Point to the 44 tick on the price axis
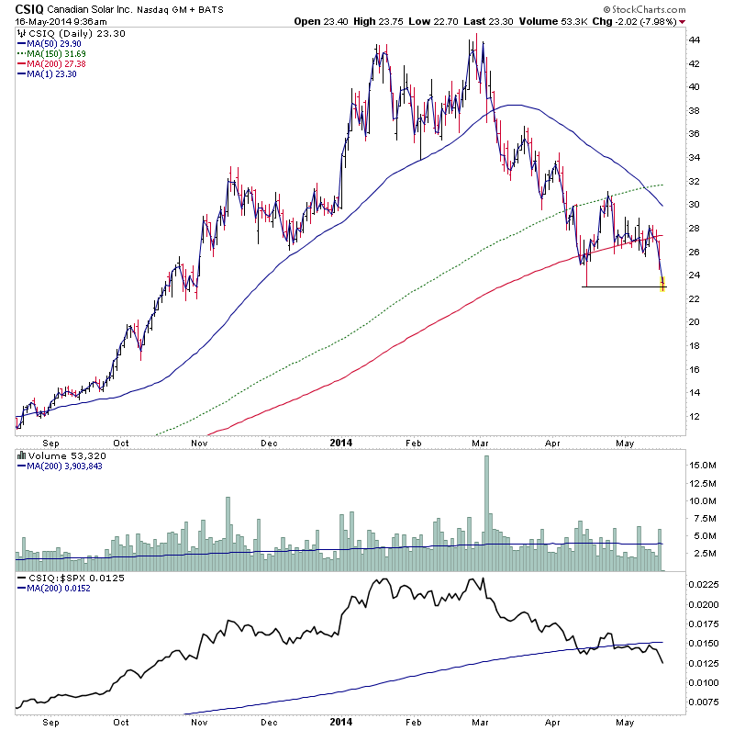pyautogui.click(x=695, y=40)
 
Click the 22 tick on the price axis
pyautogui.click(x=695, y=298)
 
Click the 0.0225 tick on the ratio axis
pyautogui.click(x=705, y=582)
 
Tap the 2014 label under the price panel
pyautogui.click(x=338, y=442)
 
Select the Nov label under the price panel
pyautogui.click(x=199, y=442)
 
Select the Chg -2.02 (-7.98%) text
pyautogui.click(x=647, y=21)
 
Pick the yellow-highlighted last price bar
pyautogui.click(x=663, y=285)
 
